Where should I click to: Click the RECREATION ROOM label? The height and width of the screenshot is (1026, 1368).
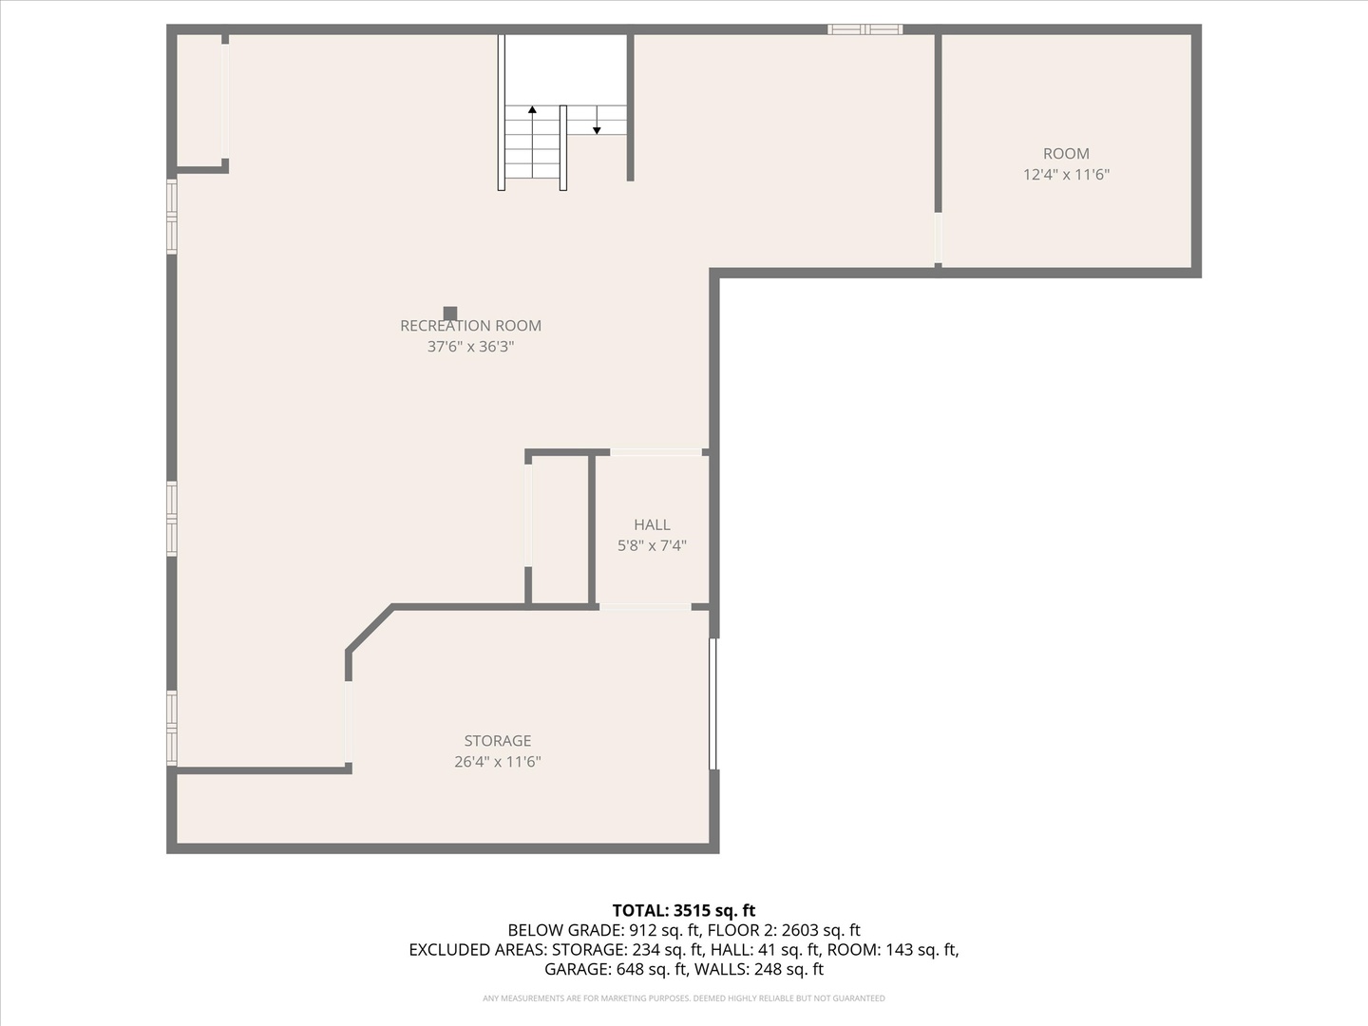click(470, 326)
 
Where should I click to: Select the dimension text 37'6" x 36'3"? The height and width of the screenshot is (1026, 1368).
click(470, 347)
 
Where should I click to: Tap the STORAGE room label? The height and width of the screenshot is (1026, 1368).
click(497, 741)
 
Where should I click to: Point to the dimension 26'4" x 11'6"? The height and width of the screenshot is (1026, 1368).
click(497, 762)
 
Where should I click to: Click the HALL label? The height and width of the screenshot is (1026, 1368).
click(652, 524)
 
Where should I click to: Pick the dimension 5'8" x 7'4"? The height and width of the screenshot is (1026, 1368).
click(652, 545)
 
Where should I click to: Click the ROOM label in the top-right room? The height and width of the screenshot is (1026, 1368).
click(1066, 154)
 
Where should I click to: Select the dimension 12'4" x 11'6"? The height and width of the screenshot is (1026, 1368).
click(1066, 175)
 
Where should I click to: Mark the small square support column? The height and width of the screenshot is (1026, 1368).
click(450, 313)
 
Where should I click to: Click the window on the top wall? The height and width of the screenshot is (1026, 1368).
click(864, 29)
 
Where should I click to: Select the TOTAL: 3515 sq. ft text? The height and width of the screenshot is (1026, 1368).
click(684, 910)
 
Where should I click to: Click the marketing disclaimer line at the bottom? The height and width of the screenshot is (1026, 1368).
click(684, 998)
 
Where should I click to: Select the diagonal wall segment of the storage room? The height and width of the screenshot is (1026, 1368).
click(370, 628)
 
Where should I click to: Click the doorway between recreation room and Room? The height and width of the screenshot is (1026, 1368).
click(938, 237)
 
